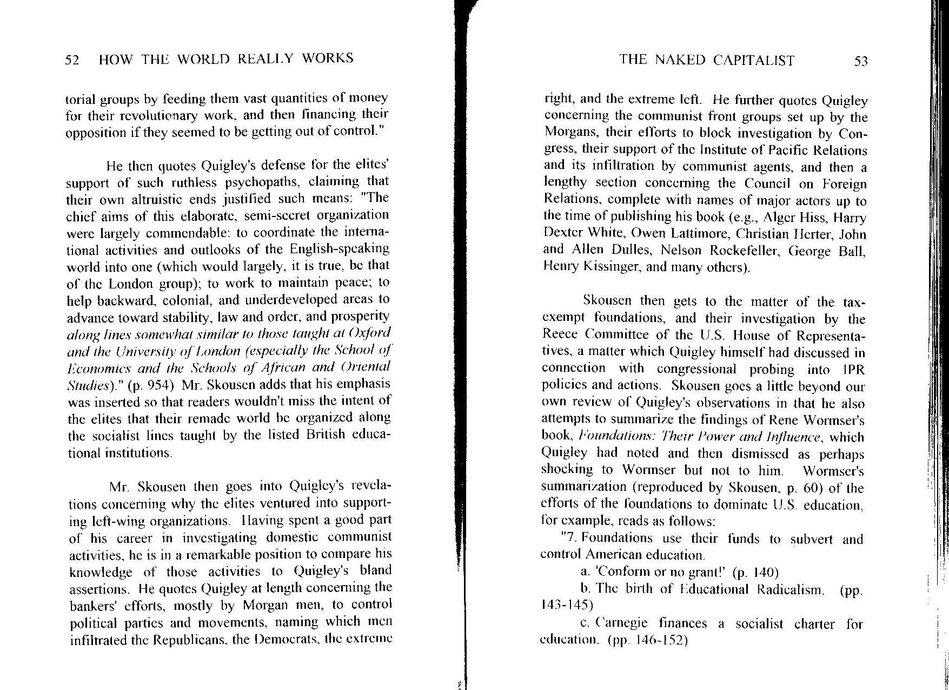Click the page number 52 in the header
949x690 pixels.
click(72, 60)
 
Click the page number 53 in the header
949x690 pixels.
click(860, 61)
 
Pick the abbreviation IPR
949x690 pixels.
click(853, 370)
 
